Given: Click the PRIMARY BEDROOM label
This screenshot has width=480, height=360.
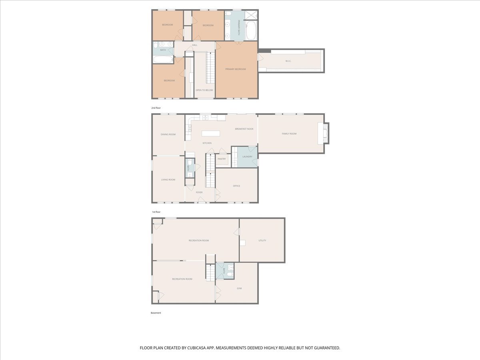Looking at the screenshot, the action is [x=236, y=69].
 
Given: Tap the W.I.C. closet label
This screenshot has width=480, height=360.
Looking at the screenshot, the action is [x=288, y=61].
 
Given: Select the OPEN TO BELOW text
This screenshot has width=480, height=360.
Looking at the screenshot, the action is [x=204, y=90].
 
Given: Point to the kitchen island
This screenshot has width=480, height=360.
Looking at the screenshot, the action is [x=210, y=133].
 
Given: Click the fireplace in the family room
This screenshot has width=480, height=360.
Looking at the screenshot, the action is [x=324, y=133].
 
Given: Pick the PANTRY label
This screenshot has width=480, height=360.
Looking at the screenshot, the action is [x=222, y=159].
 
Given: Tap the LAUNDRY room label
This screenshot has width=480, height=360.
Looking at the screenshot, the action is [x=247, y=156].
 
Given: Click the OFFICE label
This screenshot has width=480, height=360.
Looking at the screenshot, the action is [x=236, y=186].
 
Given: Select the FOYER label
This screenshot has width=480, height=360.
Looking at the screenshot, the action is [x=199, y=192].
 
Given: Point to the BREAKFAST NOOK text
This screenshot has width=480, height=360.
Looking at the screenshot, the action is [x=244, y=129].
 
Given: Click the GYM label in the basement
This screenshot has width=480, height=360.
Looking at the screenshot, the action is [x=239, y=288].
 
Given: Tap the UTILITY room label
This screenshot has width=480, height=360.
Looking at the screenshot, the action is [x=262, y=240].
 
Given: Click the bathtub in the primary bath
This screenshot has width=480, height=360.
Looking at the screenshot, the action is [x=252, y=30].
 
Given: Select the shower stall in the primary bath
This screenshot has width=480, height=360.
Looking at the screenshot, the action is [x=251, y=15].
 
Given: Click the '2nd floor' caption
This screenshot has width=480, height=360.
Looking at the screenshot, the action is [x=156, y=108].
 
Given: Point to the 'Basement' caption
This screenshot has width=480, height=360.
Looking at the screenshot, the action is [x=156, y=313].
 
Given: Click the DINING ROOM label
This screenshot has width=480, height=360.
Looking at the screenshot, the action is [x=168, y=134].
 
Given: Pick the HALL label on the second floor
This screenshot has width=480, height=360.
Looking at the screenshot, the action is [x=195, y=45].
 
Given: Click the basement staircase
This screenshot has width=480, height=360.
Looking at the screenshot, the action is [x=210, y=272].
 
